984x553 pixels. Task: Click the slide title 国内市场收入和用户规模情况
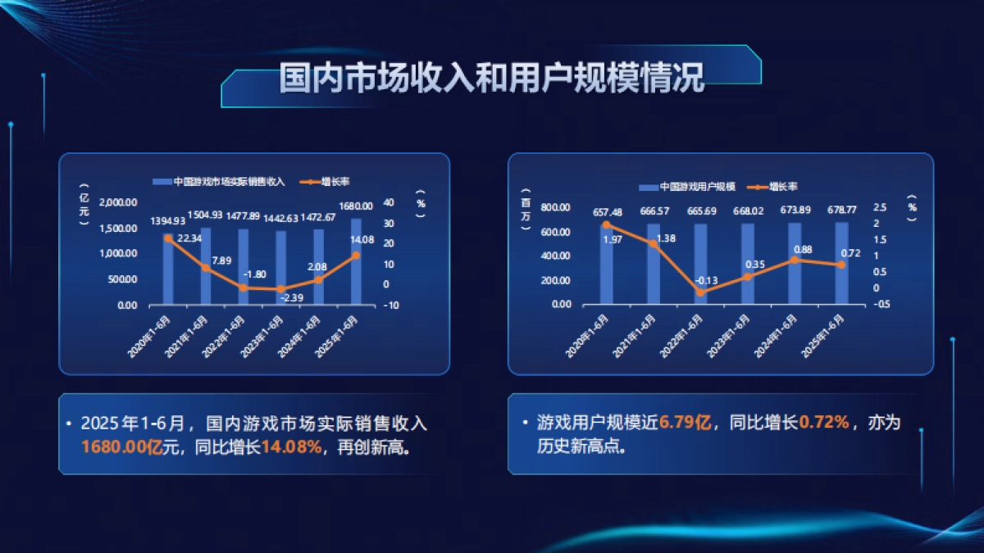point(491,79)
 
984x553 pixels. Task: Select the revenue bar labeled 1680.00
point(356,262)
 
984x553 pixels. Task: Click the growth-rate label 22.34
point(190,238)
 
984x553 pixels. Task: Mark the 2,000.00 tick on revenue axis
point(118,202)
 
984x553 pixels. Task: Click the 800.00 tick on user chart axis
point(555,207)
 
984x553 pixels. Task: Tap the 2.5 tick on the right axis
point(880,207)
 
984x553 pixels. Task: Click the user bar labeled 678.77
point(841,263)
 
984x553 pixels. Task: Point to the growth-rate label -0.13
point(706,280)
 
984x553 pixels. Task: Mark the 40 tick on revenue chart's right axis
point(389,202)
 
